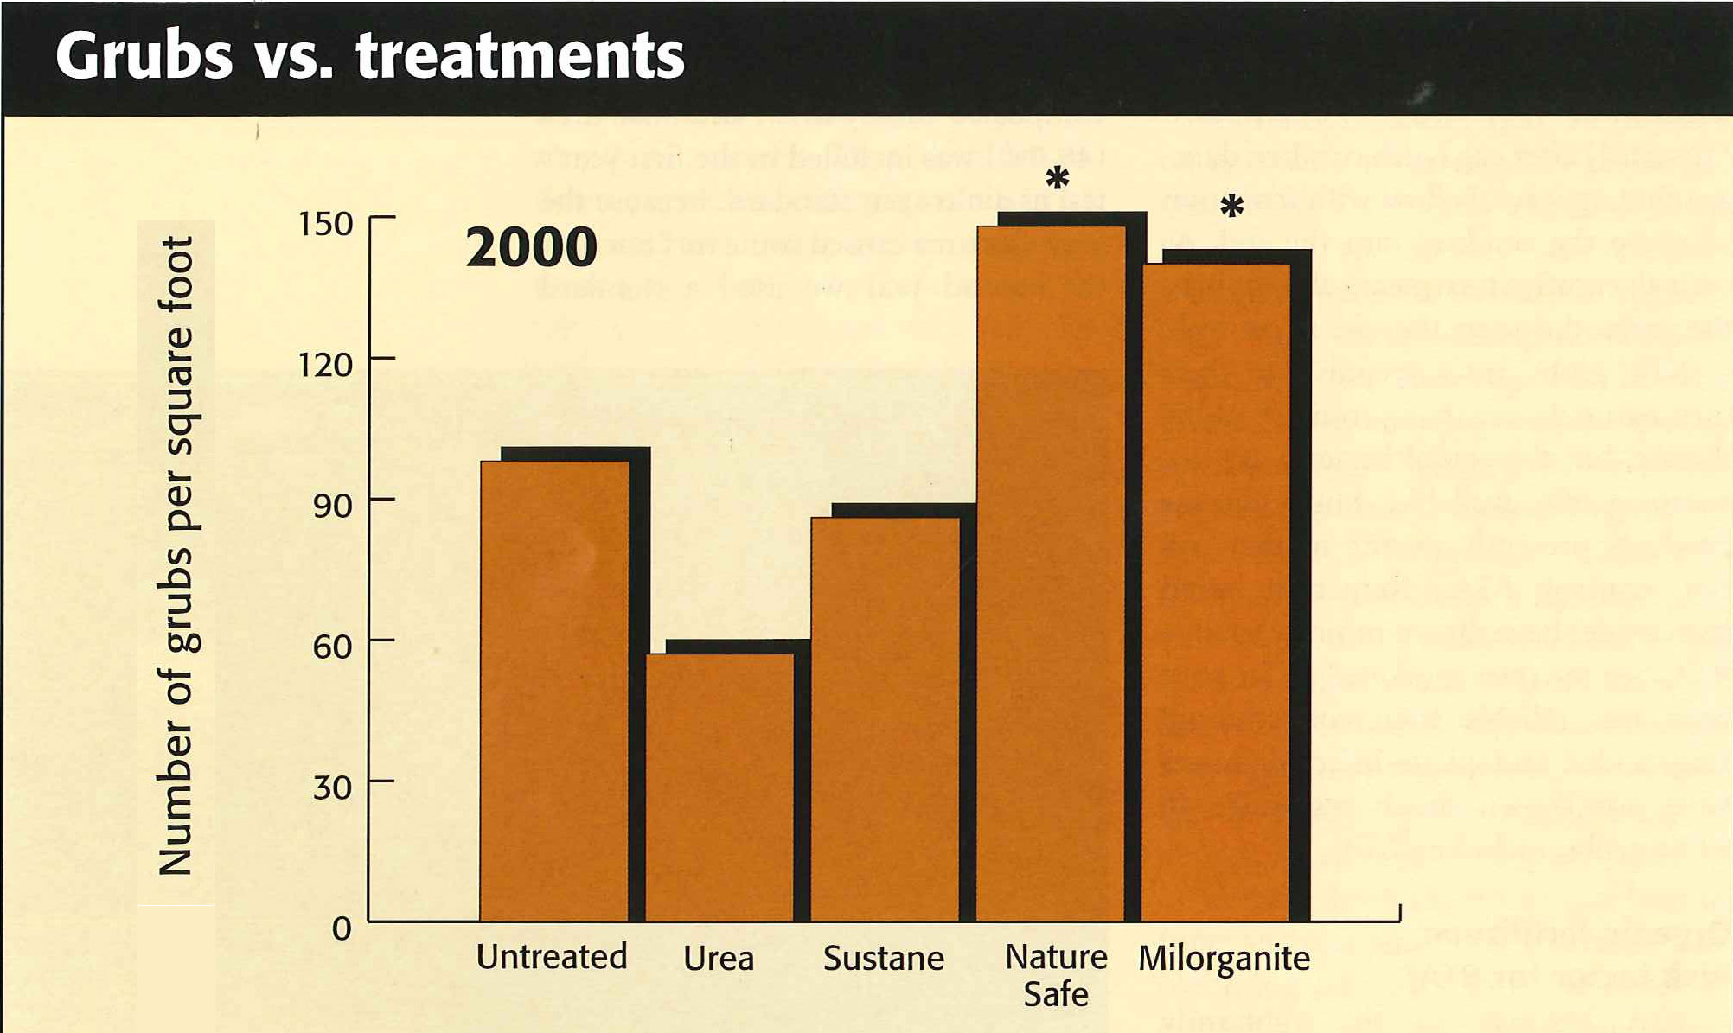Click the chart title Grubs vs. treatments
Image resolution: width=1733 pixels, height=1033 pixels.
pos(369,56)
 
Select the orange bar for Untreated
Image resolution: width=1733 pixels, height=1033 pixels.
pos(554,692)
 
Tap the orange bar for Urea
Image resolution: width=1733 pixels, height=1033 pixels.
pos(719,787)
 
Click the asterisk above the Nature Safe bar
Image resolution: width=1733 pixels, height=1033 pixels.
pos(1057,179)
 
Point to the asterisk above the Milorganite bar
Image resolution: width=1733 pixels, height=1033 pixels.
pos(1231,207)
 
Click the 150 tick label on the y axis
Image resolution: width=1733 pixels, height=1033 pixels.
pos(325,224)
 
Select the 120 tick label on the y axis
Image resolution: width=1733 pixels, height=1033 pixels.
pos(325,365)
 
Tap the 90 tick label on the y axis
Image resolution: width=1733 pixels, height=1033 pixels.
pos(332,506)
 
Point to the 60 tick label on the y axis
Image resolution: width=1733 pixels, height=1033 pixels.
pos(332,647)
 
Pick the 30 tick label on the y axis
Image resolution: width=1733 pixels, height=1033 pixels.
pos(332,788)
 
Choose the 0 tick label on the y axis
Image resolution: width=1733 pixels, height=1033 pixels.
pos(342,928)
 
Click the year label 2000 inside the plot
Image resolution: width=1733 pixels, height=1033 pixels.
pos(531,247)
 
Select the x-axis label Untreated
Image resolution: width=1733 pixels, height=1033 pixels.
pos(552,957)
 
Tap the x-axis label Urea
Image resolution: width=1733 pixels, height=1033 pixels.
pos(719,958)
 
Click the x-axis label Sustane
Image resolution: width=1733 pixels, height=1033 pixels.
pos(883,958)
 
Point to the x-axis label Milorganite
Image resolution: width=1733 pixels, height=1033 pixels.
pos(1224,959)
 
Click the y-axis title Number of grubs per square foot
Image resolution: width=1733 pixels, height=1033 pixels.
pos(176,556)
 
